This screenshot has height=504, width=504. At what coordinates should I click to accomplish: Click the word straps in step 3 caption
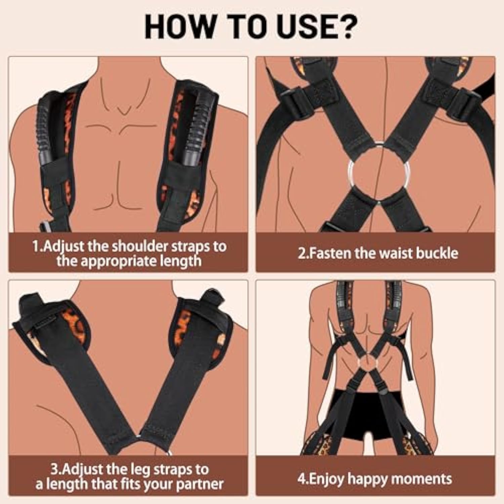(x=174, y=470)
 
